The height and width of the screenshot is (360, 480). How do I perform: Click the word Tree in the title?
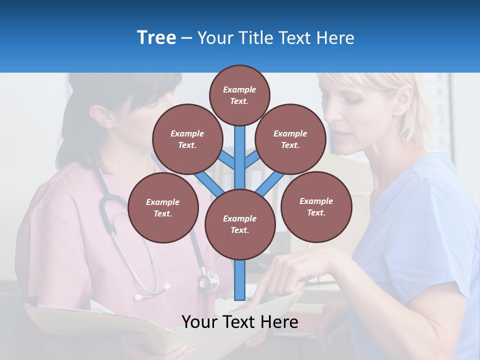click(156, 37)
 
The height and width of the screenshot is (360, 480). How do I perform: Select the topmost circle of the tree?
click(239, 95)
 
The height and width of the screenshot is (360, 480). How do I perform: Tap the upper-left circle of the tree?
click(187, 139)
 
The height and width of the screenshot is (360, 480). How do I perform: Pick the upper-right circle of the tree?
click(290, 139)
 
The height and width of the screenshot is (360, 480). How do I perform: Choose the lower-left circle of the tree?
click(163, 207)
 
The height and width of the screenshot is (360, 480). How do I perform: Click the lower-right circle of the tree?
click(316, 206)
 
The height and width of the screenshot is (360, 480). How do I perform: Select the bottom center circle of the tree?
click(240, 224)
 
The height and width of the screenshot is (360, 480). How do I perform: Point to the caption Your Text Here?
click(239, 322)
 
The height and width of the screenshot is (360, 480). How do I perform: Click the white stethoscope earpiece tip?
click(166, 287)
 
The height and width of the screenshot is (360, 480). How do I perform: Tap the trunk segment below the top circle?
click(240, 150)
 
